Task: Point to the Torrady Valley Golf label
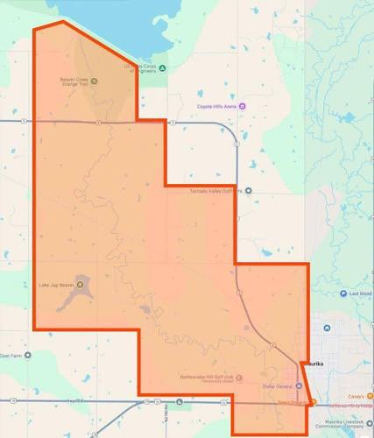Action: (215, 190)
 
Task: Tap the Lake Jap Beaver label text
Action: (55, 284)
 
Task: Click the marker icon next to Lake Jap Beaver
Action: (81, 283)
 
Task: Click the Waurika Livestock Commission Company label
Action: (342, 422)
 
